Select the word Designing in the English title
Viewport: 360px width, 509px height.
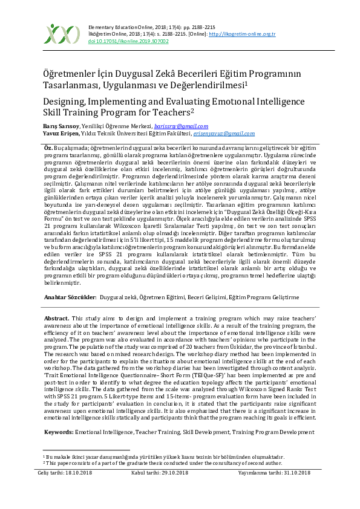[69, 101]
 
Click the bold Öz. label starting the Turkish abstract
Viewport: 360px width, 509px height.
[48, 148]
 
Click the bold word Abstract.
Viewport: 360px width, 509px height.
[57, 318]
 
